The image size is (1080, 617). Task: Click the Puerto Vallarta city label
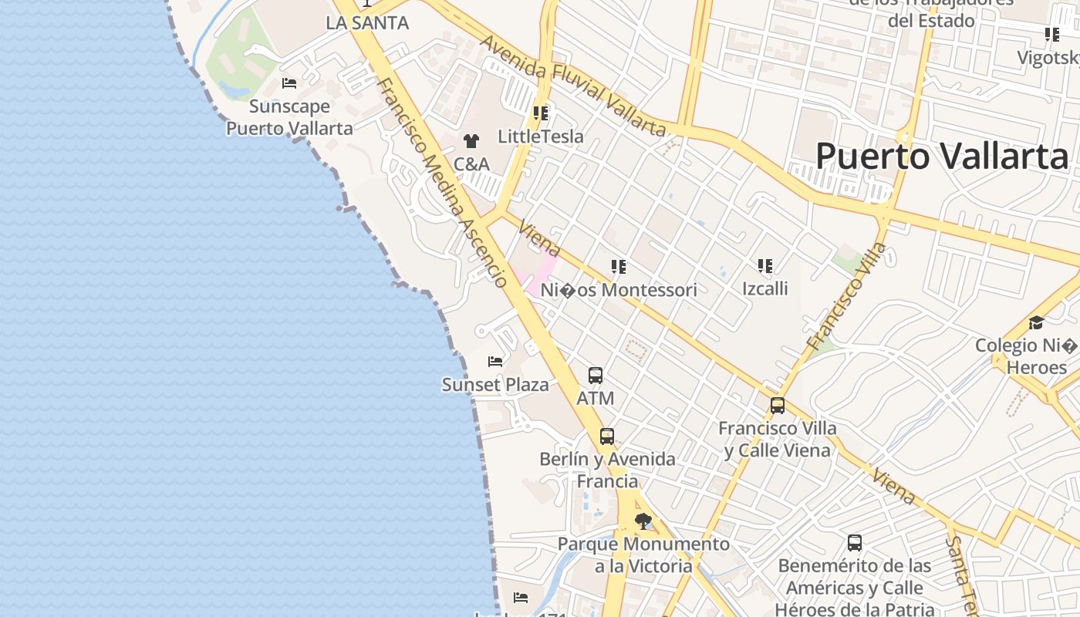(942, 156)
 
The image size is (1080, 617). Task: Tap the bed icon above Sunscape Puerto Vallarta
(289, 83)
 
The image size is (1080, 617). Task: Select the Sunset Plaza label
(495, 384)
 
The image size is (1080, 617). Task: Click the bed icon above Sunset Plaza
(495, 361)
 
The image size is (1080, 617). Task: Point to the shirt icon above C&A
(471, 141)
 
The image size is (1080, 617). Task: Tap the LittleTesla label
(541, 137)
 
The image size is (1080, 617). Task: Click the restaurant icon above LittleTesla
(541, 113)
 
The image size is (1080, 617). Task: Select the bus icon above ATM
(596, 376)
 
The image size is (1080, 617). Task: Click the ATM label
(596, 398)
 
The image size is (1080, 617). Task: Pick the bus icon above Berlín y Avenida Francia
(607, 437)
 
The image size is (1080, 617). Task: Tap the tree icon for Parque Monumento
(643, 521)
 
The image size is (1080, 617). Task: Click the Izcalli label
(765, 289)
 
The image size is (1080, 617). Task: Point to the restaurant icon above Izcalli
(765, 267)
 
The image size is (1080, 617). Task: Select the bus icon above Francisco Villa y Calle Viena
(778, 406)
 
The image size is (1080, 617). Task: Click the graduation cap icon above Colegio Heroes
(1036, 322)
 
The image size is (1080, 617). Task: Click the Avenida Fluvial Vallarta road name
(573, 86)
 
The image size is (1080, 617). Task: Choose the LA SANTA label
(367, 22)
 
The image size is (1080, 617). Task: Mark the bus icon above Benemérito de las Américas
(855, 543)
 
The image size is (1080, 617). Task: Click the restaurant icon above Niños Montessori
(619, 267)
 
